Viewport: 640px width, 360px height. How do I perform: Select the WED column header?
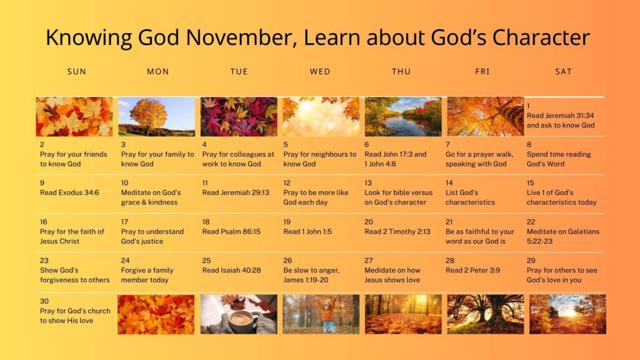click(x=320, y=71)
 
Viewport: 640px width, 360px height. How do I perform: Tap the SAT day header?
click(x=563, y=71)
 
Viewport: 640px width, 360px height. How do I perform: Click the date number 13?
click(x=368, y=183)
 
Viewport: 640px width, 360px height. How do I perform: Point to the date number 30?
click(x=44, y=301)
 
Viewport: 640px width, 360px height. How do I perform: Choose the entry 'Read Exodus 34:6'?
click(x=69, y=192)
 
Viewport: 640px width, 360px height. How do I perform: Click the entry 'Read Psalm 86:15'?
click(x=231, y=231)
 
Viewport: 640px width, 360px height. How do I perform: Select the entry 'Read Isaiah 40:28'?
click(x=231, y=270)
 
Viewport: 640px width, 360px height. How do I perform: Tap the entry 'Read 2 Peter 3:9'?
click(x=472, y=270)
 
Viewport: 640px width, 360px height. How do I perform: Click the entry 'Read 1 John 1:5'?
click(x=307, y=231)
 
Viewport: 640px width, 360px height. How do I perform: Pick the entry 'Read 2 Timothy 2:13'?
click(x=397, y=231)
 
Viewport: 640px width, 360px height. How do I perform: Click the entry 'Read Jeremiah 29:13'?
click(x=236, y=192)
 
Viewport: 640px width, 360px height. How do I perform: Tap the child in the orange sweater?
click(x=326, y=315)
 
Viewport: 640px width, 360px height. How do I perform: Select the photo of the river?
click(x=403, y=117)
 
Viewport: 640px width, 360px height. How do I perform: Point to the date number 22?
click(x=531, y=222)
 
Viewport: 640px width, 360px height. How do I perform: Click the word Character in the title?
click(x=541, y=37)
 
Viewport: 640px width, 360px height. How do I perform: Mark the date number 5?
click(x=286, y=144)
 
